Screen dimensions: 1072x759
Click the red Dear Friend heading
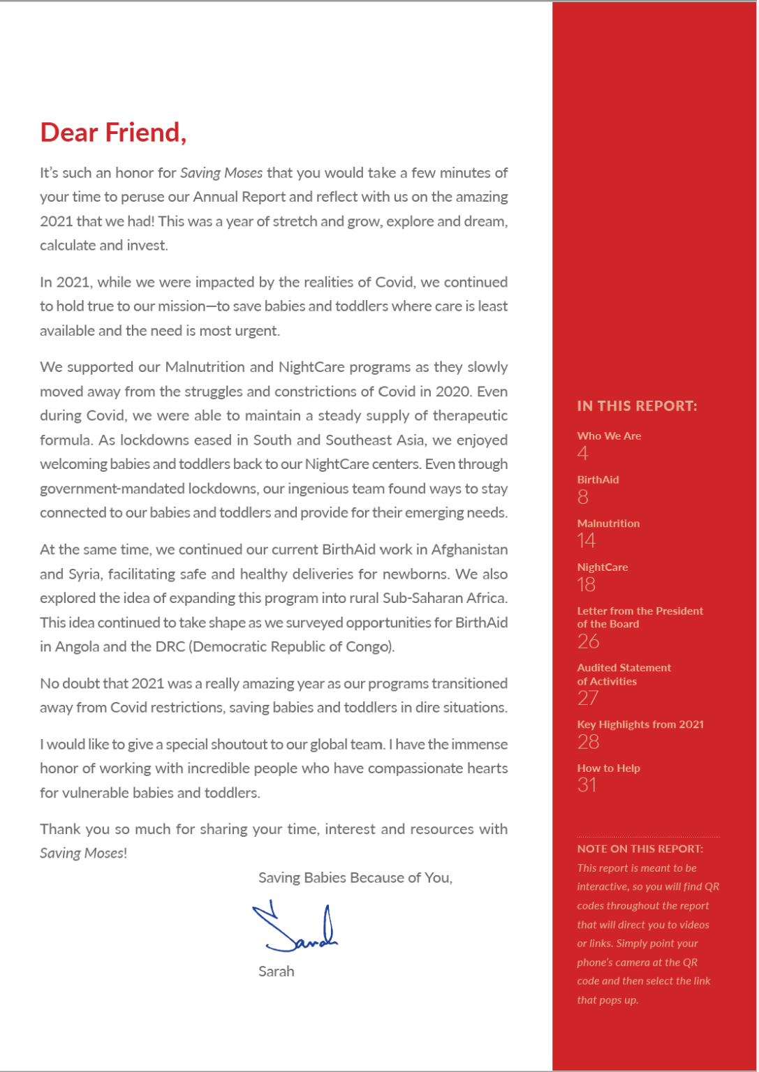[x=113, y=132]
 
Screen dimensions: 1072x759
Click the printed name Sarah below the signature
[x=276, y=971]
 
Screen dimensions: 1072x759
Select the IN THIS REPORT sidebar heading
[x=637, y=406]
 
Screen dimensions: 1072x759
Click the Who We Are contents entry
[x=609, y=435]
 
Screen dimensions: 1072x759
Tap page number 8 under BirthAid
[x=583, y=497]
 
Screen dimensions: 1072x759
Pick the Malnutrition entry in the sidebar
[x=608, y=523]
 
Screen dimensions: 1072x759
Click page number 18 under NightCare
[x=587, y=584]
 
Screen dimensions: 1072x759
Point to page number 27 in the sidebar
[x=588, y=698]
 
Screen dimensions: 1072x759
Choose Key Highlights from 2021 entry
[x=640, y=724]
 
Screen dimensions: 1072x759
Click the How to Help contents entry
[x=608, y=768]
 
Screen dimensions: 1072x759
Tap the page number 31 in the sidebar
[x=587, y=785]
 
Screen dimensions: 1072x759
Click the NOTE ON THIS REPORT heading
[x=640, y=849]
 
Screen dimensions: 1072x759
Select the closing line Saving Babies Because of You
[x=355, y=878]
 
